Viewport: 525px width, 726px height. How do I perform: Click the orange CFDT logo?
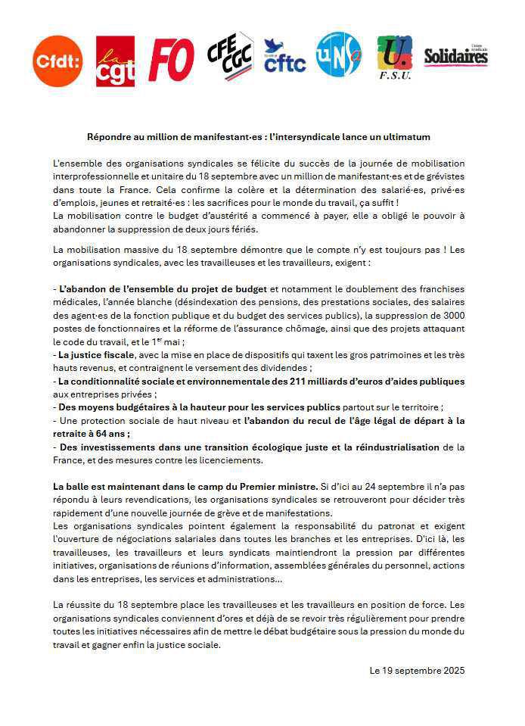(57, 61)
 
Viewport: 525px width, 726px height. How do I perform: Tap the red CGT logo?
(115, 61)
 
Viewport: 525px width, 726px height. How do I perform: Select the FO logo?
(172, 60)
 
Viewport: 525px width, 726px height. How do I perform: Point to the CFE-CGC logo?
(231, 58)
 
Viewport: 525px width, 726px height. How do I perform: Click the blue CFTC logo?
(284, 57)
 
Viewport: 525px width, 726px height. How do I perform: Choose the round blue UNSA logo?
(338, 55)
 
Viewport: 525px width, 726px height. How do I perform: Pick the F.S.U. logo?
(394, 58)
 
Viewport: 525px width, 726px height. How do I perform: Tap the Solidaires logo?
(455, 56)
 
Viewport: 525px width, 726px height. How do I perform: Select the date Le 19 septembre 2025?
(417, 671)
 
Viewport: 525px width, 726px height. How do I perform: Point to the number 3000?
(450, 314)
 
